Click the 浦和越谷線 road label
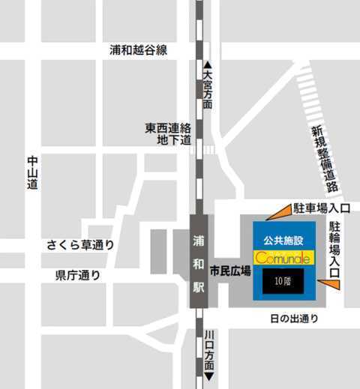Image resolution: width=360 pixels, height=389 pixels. pos(138,49)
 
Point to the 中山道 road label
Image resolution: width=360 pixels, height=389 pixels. pos(31,172)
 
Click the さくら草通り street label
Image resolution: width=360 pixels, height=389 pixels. pos(80,244)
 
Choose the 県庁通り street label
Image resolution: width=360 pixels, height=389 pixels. pos(78,275)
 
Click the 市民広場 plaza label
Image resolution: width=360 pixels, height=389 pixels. pos(230,270)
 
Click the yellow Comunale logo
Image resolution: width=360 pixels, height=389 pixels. pos(283,257)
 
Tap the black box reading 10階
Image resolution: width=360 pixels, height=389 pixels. pos(283,281)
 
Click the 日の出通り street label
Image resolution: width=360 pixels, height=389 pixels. pos(294,319)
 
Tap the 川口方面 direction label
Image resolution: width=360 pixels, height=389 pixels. pos(208,350)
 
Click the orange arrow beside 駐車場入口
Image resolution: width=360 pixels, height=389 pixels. pos(279,214)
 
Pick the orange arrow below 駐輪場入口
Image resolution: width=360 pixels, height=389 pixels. pos(328,283)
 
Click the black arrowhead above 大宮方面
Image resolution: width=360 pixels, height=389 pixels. pos(208,66)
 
